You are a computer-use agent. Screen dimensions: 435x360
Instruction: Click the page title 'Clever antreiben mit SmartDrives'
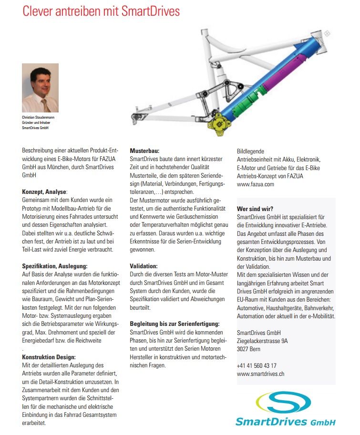click(101, 11)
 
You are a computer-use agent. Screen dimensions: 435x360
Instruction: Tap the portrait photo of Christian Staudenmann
click(40, 88)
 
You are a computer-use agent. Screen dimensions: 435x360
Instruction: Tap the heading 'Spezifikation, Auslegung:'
click(55, 265)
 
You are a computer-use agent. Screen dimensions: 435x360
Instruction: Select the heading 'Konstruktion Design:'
click(49, 356)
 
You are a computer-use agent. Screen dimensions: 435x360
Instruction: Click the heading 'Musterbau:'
click(144, 151)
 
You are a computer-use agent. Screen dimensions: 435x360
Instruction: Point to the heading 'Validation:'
click(144, 265)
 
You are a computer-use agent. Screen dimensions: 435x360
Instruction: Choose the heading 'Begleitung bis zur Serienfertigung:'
click(175, 324)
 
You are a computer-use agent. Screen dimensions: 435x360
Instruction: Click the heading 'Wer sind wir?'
click(255, 208)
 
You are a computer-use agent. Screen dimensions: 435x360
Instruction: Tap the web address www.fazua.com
click(256, 184)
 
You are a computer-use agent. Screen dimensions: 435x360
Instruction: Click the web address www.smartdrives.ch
click(260, 374)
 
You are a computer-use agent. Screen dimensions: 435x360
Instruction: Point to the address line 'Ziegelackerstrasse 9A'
click(262, 341)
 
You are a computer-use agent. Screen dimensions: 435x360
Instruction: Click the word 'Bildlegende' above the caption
click(250, 151)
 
